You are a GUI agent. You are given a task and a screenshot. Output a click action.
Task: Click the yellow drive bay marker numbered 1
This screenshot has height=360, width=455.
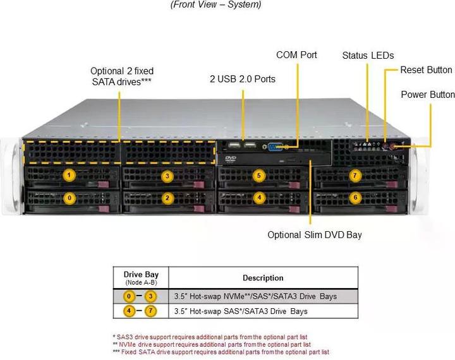(70, 175)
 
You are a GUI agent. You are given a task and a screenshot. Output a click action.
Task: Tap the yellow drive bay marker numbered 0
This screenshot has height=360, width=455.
(70, 198)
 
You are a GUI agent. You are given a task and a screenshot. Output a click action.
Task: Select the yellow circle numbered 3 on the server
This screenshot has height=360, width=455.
(167, 176)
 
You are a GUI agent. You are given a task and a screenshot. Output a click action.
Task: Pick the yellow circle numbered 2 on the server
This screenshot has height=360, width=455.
(167, 198)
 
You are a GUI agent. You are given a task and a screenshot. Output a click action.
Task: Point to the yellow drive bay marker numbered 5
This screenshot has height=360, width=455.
(258, 175)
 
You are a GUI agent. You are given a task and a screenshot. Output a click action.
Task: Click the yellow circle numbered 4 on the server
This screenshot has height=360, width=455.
(258, 197)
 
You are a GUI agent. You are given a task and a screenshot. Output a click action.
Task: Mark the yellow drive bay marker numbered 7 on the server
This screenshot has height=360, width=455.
(355, 175)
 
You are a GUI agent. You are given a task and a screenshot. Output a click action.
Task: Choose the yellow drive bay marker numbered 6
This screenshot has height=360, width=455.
(355, 197)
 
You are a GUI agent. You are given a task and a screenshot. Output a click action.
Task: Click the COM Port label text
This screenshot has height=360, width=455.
(296, 55)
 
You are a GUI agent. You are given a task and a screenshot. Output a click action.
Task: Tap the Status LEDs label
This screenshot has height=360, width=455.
(368, 56)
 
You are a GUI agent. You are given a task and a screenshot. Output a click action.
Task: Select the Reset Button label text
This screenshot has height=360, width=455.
(426, 69)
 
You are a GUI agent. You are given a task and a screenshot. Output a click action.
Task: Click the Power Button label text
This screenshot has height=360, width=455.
(428, 95)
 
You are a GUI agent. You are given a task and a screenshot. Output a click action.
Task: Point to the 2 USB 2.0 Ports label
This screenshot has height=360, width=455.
(243, 79)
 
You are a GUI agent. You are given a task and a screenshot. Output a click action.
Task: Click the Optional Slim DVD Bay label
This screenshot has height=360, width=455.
(315, 235)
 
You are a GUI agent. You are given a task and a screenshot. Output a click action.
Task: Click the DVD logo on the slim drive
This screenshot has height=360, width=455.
(231, 157)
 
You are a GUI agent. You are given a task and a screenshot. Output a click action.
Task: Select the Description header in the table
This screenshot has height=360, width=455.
(263, 278)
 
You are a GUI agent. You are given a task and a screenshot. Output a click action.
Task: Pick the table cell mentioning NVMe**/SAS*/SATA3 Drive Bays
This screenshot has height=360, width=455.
(255, 296)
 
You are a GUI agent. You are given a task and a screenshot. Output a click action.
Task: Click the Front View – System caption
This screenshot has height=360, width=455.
(215, 5)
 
